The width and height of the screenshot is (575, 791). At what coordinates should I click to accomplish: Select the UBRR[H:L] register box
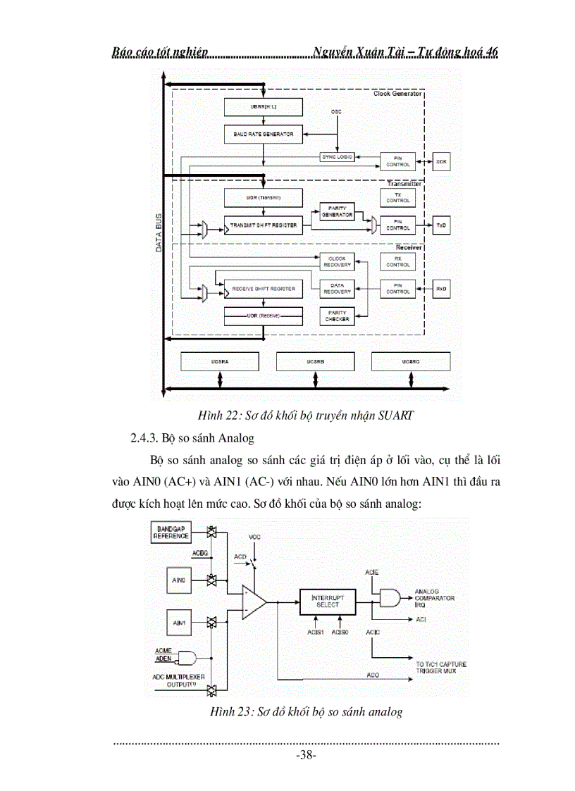click(x=263, y=107)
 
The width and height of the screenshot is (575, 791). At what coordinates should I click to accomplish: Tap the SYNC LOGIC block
click(x=338, y=156)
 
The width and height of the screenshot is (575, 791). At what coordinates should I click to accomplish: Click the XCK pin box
click(x=441, y=161)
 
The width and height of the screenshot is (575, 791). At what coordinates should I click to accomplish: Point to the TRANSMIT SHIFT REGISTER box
click(x=263, y=225)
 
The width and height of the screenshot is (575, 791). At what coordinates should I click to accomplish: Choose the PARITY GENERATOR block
click(x=338, y=211)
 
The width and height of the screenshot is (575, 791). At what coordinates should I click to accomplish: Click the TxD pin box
click(x=441, y=225)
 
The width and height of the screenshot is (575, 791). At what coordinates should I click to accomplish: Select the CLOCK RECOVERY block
click(x=338, y=261)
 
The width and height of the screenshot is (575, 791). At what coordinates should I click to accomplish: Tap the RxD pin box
click(x=441, y=288)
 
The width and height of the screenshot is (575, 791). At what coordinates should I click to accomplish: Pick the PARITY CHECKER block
click(x=338, y=316)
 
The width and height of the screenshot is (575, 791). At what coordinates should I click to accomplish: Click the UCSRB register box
click(x=314, y=361)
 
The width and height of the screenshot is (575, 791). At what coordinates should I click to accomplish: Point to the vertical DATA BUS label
click(x=159, y=233)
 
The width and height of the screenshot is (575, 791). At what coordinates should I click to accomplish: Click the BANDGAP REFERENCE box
click(x=171, y=532)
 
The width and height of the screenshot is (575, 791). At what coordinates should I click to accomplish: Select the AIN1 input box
click(x=180, y=623)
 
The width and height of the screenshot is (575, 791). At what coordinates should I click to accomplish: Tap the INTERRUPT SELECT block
click(x=327, y=601)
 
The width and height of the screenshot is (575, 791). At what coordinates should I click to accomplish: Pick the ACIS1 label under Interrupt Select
click(x=314, y=632)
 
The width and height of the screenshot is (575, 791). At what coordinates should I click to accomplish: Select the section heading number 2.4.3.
click(x=144, y=438)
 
